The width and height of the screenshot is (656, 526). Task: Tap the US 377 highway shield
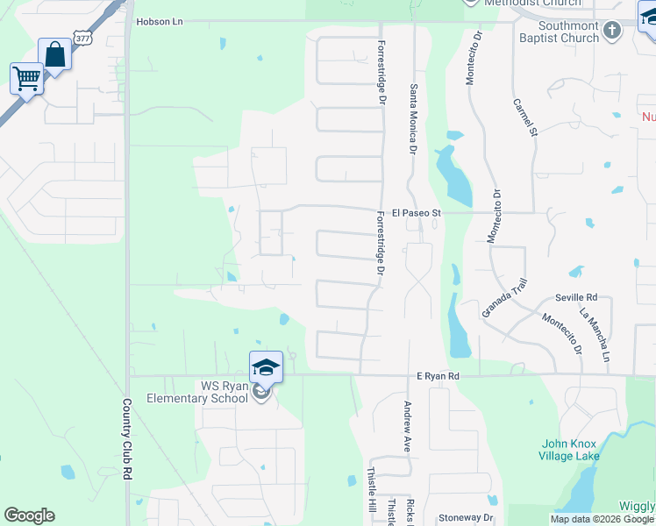tap(82, 39)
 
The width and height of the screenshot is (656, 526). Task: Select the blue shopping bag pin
tap(54, 55)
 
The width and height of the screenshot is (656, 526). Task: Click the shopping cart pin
tap(26, 79)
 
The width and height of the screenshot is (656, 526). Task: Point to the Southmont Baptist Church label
tap(568, 32)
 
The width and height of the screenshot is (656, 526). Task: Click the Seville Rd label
tap(575, 297)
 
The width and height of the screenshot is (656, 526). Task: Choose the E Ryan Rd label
tap(438, 376)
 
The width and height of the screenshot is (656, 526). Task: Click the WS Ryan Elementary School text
tap(208, 392)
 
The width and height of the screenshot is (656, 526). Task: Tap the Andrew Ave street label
tap(407, 426)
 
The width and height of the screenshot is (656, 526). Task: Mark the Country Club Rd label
tap(127, 439)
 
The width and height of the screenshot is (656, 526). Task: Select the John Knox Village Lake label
tap(570, 450)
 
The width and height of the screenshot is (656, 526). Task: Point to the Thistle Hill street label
tap(369, 490)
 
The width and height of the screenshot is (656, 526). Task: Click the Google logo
tap(29, 515)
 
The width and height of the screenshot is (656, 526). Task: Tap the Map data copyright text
tap(602, 519)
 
